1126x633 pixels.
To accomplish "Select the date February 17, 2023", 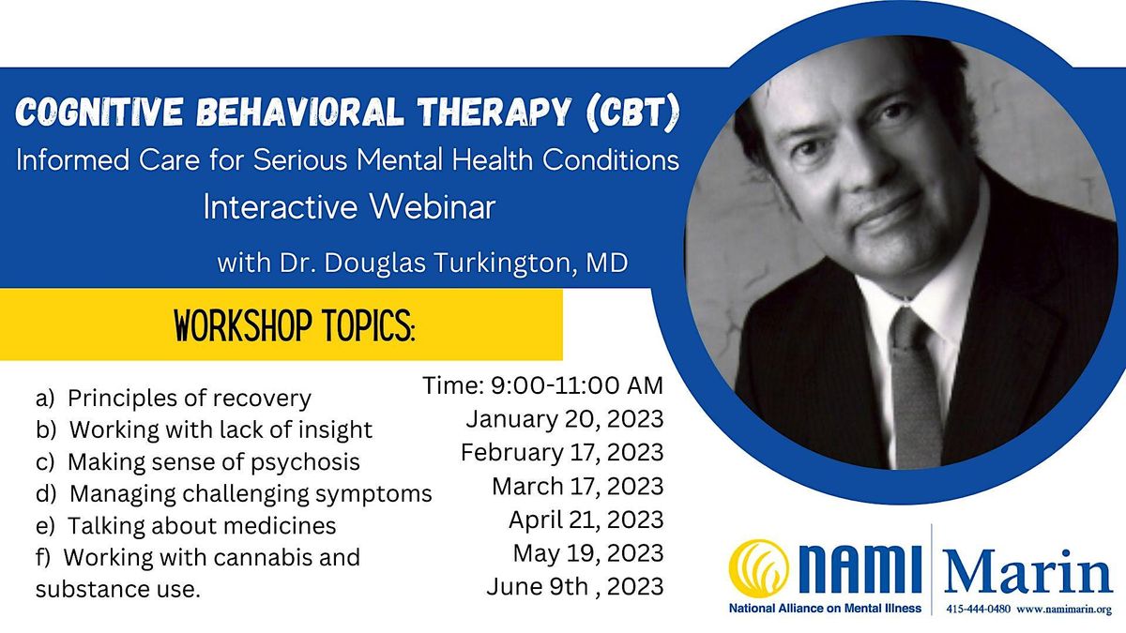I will (562, 452).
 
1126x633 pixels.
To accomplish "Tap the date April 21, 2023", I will (586, 520).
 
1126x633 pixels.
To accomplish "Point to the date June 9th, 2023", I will (574, 587).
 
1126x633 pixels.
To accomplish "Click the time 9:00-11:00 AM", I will (543, 384).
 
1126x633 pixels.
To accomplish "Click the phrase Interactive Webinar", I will (349, 208).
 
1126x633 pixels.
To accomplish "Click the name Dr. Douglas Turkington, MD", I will (422, 264).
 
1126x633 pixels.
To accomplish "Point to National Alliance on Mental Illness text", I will (825, 610).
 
